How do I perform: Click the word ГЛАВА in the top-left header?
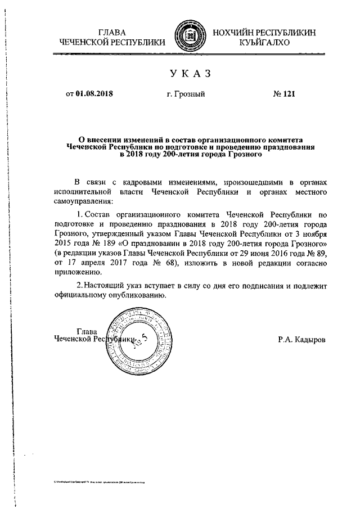(x=112, y=32)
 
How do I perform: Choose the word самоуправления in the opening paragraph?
(x=83, y=202)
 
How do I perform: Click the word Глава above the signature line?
(x=87, y=331)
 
